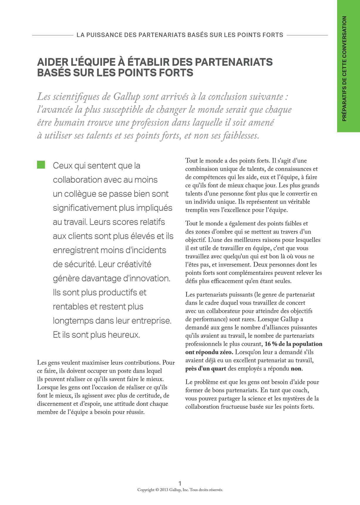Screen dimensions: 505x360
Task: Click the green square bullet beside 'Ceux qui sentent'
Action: pyautogui.click(x=41, y=165)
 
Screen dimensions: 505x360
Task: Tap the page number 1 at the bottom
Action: pyautogui.click(x=180, y=483)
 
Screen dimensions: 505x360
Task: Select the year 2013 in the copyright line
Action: pyautogui.click(x=164, y=490)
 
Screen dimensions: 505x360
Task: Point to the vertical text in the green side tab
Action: pyautogui.click(x=344, y=69)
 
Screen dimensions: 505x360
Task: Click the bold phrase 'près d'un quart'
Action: pyautogui.click(x=206, y=369)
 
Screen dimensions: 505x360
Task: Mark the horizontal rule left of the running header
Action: pyautogui.click(x=53, y=35)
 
